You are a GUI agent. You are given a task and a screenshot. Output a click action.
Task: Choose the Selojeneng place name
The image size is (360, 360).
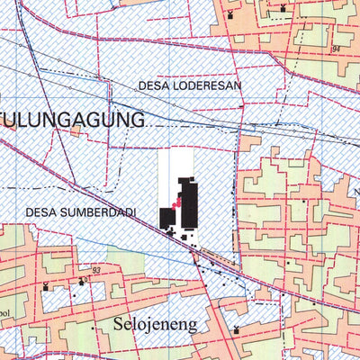click(x=155, y=322)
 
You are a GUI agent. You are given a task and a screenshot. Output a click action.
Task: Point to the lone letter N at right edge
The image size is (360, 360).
click(x=355, y=192)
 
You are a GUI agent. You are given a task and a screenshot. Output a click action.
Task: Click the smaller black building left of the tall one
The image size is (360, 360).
click(x=167, y=218)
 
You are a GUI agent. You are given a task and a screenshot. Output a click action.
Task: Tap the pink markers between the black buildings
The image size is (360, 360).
click(x=178, y=206)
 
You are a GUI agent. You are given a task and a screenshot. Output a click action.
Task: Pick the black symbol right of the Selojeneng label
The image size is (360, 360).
click(x=236, y=329)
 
